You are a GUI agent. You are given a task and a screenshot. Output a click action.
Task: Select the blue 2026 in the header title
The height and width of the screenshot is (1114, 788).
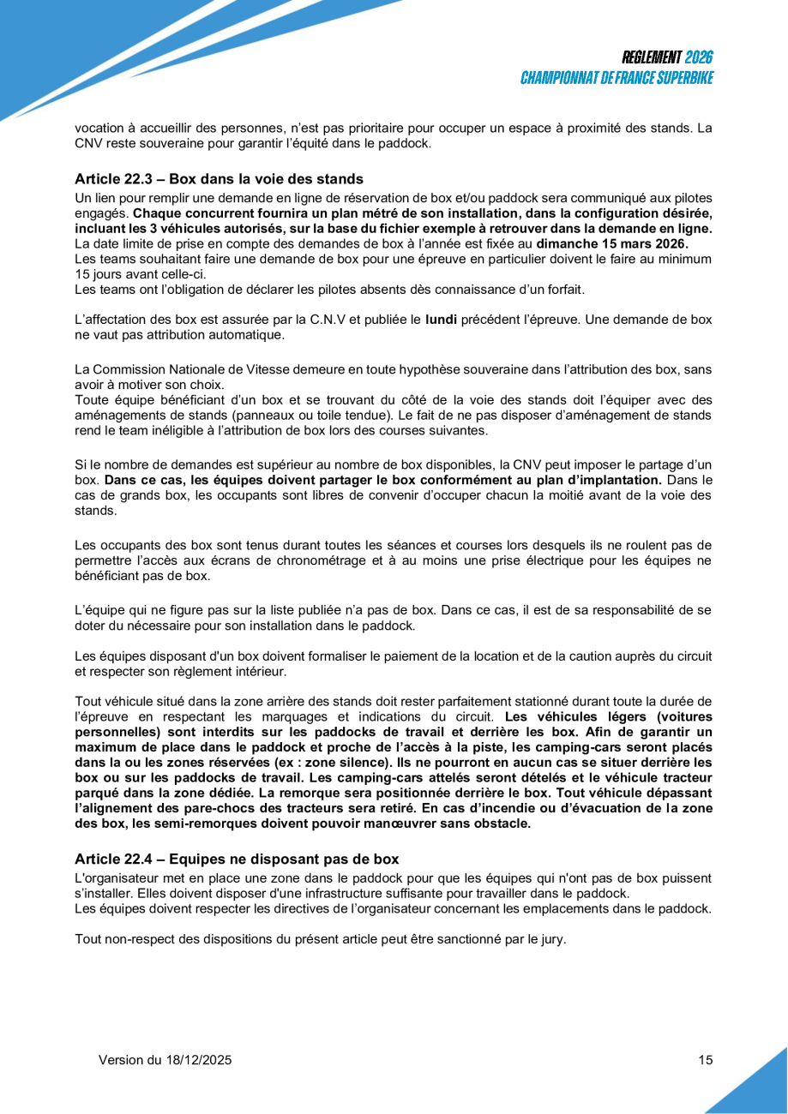pyautogui.click(x=699, y=58)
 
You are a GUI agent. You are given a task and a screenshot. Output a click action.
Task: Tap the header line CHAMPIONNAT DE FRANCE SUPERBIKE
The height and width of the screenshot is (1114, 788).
pyautogui.click(x=617, y=78)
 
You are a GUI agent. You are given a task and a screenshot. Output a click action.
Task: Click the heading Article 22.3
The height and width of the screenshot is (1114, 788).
pyautogui.click(x=219, y=179)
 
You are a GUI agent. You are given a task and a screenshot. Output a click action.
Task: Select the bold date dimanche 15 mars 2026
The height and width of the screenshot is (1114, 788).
pyautogui.click(x=612, y=243)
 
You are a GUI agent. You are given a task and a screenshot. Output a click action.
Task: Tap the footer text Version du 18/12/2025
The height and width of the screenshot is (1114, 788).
pyautogui.click(x=165, y=1060)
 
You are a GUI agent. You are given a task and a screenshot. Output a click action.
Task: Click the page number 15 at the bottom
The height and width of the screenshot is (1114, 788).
pyautogui.click(x=706, y=1060)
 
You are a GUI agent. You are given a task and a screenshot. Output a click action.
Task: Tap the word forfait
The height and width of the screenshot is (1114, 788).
pyautogui.click(x=562, y=289)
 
